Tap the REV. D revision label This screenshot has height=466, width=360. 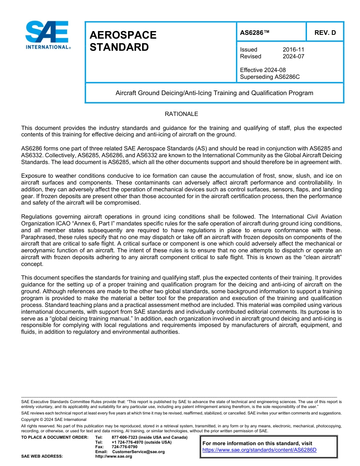coord(325,33)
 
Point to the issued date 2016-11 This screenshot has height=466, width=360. coord(293,50)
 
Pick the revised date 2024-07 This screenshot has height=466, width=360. coord(293,56)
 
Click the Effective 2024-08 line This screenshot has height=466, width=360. coord(263,70)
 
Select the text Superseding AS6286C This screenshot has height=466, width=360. coord(270,77)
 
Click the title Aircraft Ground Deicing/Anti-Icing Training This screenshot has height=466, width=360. coord(214,93)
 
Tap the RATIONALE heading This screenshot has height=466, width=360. coord(181,114)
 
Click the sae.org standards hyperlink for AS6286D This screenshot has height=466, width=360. coord(259,450)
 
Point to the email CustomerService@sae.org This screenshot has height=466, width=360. coord(138,452)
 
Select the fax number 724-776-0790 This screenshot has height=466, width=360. coord(125,447)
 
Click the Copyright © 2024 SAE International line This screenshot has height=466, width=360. coord(54,419)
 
